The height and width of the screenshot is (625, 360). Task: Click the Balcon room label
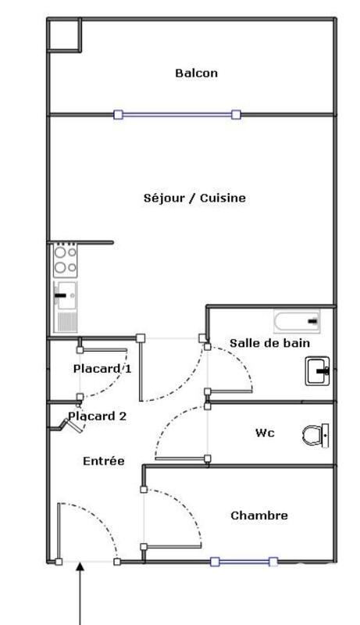(196, 73)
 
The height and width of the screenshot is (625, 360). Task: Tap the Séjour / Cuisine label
(194, 198)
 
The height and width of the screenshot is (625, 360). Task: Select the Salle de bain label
(269, 343)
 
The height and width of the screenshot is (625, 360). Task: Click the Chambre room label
(259, 516)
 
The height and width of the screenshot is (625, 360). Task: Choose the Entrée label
(104, 462)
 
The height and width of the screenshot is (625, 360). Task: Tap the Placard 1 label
(102, 369)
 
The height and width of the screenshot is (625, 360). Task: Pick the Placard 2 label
(98, 416)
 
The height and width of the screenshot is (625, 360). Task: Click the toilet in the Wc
(316, 434)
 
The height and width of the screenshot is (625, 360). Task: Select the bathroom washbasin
(318, 370)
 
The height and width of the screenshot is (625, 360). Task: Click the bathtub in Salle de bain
(297, 320)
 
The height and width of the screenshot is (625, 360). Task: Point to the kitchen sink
(65, 297)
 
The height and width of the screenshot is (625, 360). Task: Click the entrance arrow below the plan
(80, 594)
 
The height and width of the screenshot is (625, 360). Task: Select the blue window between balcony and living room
(176, 115)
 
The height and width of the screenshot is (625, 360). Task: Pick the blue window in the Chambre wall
(244, 561)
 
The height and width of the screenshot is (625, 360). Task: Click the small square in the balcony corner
(64, 34)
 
